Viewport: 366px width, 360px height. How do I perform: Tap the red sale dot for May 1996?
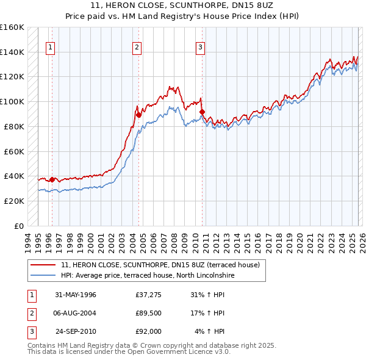click(52, 179)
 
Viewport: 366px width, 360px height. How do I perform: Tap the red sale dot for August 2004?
click(138, 115)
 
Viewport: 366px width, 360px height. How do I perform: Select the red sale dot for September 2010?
click(203, 112)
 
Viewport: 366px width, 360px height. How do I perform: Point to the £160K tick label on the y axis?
click(12, 27)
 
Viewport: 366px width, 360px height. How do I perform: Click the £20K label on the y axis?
click(15, 201)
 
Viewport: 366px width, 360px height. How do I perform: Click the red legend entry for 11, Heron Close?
click(160, 265)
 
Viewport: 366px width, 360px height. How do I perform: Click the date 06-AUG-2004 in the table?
click(76, 313)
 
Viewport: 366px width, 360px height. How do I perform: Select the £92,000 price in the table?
click(148, 331)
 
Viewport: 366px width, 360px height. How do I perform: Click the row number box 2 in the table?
click(32, 313)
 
